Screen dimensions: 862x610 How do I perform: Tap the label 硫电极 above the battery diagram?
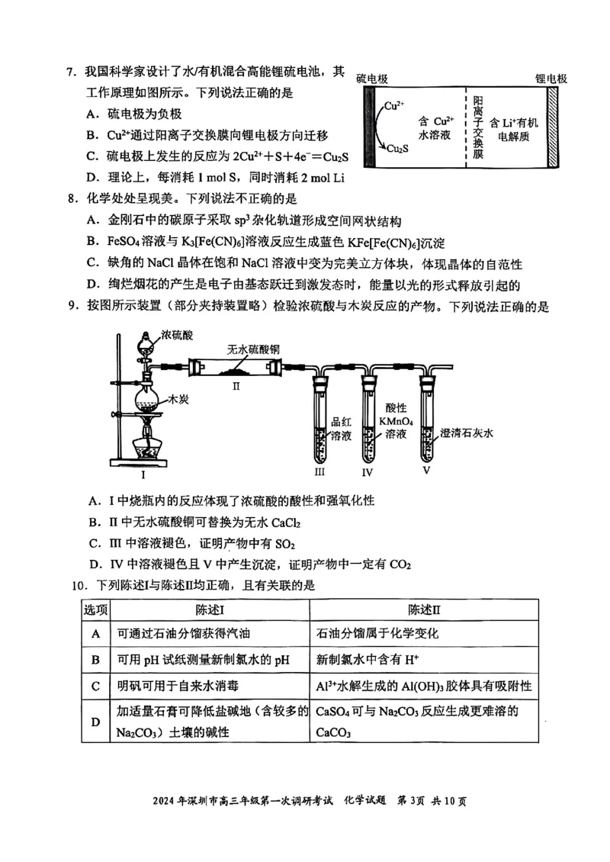pyautogui.click(x=372, y=79)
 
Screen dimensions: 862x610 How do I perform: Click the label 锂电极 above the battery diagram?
pyautogui.click(x=551, y=79)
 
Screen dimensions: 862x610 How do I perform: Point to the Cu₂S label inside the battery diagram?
pyautogui.click(x=396, y=149)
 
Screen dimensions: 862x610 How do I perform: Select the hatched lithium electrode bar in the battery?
pyautogui.click(x=551, y=126)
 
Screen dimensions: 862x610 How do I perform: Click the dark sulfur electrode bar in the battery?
pyautogui.click(x=370, y=126)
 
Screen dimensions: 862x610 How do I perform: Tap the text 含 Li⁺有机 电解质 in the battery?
pyautogui.click(x=513, y=129)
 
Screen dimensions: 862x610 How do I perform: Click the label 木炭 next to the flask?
pyautogui.click(x=178, y=398)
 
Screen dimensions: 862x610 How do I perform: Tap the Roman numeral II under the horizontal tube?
pyautogui.click(x=236, y=386)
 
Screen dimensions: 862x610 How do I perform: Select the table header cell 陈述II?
pyautogui.click(x=425, y=610)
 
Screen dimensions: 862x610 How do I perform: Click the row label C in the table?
pyautogui.click(x=96, y=686)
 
